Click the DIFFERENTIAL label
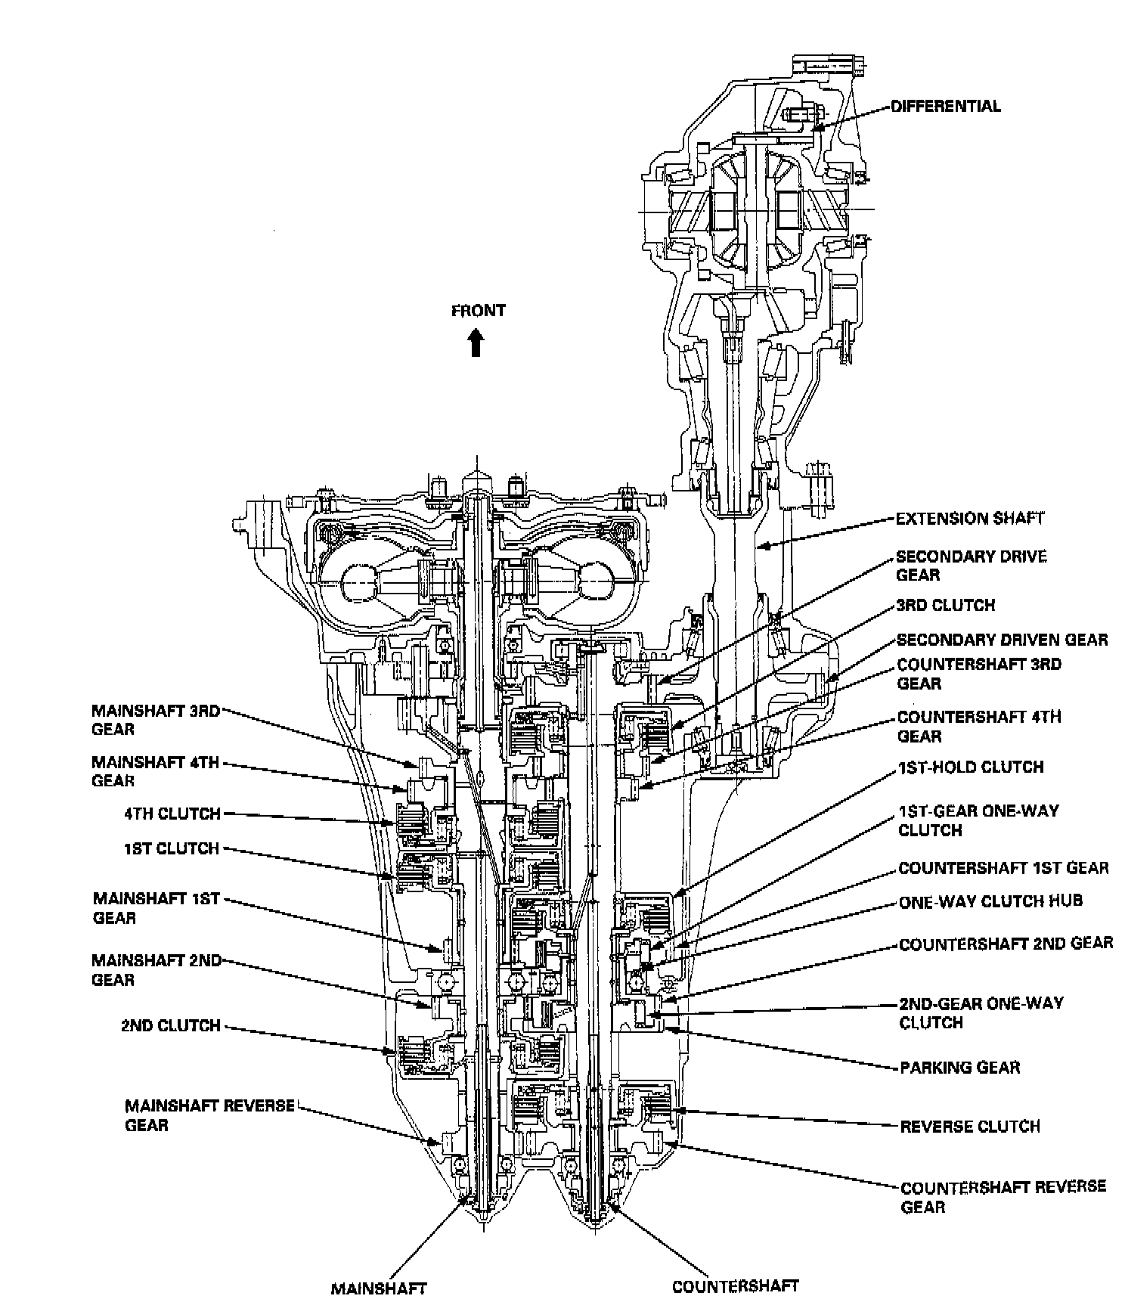(945, 107)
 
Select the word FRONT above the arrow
(478, 311)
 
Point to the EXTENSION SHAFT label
(969, 519)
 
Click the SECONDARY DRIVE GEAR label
(971, 566)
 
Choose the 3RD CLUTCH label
(945, 606)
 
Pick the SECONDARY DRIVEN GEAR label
(1002, 640)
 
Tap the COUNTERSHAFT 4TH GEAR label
(979, 726)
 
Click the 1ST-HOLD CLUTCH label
(971, 767)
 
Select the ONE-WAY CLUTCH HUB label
(990, 901)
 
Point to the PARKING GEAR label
(959, 1068)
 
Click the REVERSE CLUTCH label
(970, 1127)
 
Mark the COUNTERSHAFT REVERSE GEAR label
(1003, 1196)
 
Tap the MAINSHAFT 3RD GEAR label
(156, 720)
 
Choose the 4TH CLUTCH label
(172, 814)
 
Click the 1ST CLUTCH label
(172, 849)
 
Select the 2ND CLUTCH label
(171, 1026)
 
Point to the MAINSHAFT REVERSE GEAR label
(209, 1115)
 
